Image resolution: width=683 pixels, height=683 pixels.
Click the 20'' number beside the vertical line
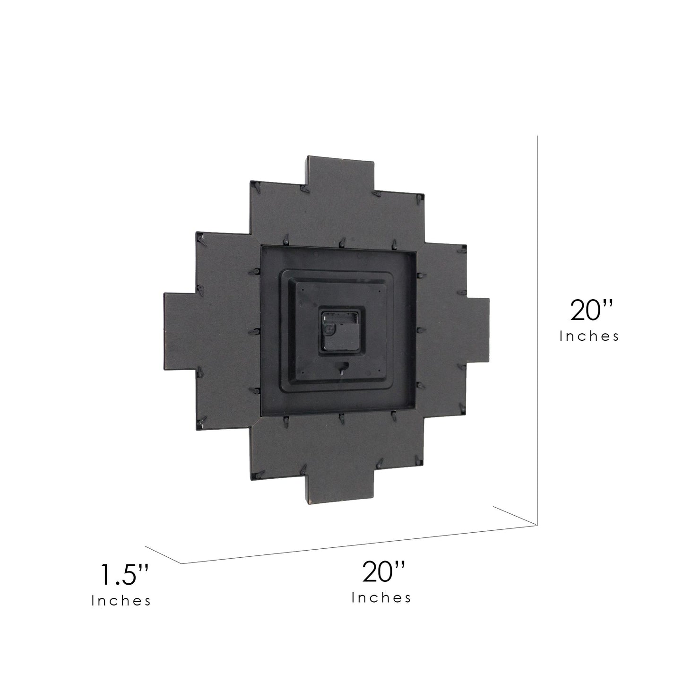click(x=592, y=310)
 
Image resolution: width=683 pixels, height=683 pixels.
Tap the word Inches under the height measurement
click(x=589, y=337)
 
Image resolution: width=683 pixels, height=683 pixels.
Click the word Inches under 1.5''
click(x=121, y=601)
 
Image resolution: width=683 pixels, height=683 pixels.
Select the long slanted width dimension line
click(x=359, y=549)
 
